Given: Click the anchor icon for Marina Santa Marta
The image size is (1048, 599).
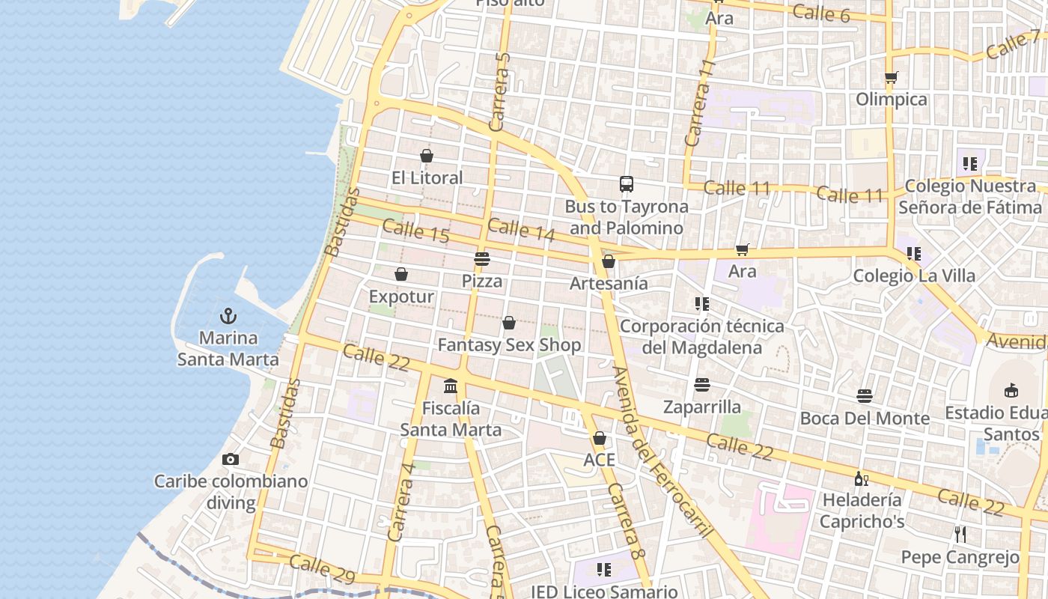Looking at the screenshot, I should point(228,316).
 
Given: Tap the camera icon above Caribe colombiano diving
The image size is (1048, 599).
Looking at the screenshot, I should point(231,459).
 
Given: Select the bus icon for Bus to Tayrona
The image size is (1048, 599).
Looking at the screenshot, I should point(627,184).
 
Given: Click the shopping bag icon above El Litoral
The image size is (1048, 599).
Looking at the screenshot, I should point(427,156).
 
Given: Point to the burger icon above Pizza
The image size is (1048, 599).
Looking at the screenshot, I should point(481,260).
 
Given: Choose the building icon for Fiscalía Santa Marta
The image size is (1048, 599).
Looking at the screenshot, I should point(451,386).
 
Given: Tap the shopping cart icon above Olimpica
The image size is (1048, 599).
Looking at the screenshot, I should point(891,78).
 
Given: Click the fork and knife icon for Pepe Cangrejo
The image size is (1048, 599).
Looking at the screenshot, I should point(960,535).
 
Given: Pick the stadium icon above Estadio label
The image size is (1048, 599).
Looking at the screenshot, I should point(1011,390).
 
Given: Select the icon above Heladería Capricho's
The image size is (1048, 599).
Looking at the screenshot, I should point(862,478).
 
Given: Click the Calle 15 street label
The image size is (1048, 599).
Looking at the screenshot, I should point(415,231).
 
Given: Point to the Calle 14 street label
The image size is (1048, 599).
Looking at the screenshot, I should point(521,230).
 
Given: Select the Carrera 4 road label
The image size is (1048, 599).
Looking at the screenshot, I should point(401,502).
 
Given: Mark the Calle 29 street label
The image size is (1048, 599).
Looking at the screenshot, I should point(321,569).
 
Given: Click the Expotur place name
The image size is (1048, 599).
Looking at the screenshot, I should point(401,297).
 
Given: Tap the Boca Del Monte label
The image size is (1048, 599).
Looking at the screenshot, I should point(865,418).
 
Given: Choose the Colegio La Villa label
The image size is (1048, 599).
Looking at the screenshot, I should point(914,276).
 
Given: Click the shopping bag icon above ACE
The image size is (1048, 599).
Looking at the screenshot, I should point(600,439).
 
